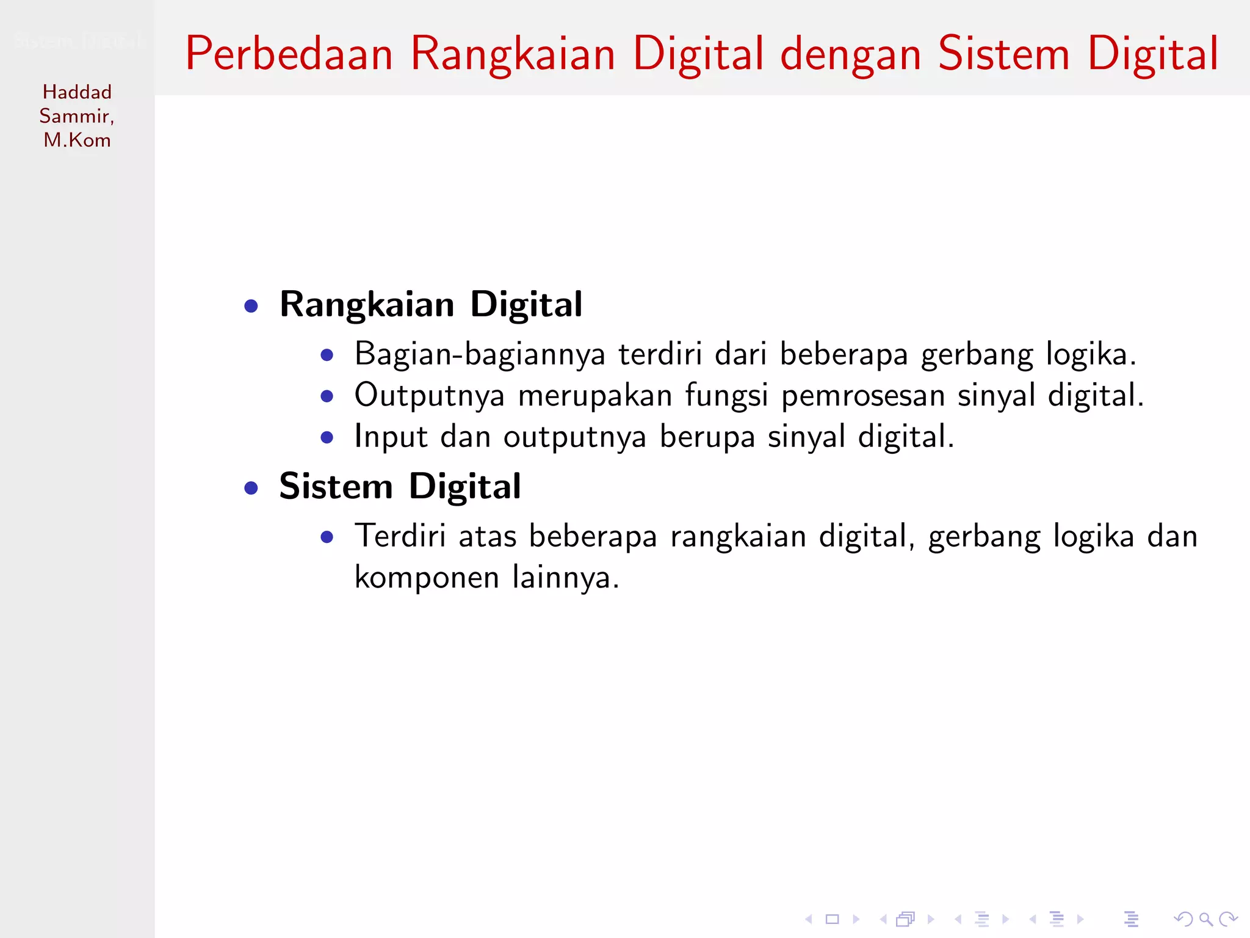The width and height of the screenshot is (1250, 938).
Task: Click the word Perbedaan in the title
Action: click(x=289, y=54)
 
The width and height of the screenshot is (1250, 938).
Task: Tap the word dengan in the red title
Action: click(x=851, y=55)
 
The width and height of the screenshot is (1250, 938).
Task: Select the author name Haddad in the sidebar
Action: click(x=77, y=92)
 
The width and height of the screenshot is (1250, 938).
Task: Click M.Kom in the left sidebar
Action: click(x=77, y=140)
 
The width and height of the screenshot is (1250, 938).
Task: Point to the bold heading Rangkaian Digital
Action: click(x=431, y=304)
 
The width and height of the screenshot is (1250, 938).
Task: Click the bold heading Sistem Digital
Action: click(x=400, y=487)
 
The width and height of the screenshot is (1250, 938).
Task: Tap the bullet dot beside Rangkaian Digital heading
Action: click(x=251, y=305)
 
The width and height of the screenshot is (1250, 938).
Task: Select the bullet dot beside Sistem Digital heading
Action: click(x=251, y=488)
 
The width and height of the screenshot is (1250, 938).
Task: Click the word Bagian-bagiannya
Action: click(x=480, y=355)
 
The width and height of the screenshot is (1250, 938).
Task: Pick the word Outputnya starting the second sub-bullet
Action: click(x=430, y=396)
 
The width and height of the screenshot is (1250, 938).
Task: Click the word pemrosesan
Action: click(x=862, y=396)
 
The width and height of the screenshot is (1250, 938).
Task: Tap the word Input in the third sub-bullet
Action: click(x=391, y=437)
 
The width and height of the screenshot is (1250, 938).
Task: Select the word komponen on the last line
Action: click(x=427, y=578)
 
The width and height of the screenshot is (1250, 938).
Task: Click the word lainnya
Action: click(x=565, y=578)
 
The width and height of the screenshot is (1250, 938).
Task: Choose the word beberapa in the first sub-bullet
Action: click(x=844, y=355)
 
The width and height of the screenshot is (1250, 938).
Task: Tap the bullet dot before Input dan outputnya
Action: click(x=327, y=437)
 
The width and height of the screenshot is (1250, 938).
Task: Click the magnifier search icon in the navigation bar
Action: click(x=1205, y=919)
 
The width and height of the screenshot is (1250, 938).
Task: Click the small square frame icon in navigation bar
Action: click(x=833, y=919)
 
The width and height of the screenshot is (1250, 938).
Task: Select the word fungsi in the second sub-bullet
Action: click(x=726, y=396)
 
